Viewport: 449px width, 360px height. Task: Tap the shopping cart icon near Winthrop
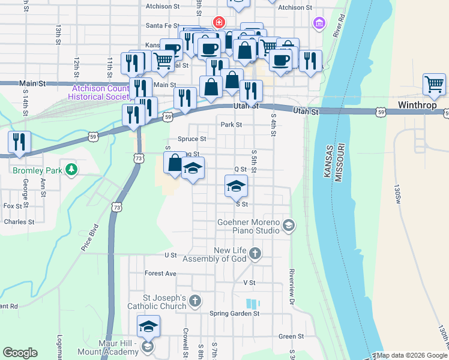(x=434, y=85)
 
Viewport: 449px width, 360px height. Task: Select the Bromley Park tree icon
(x=71, y=170)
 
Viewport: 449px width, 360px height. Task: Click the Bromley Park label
(x=38, y=170)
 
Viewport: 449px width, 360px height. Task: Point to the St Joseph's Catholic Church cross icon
(x=194, y=300)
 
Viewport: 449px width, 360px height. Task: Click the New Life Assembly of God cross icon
(x=255, y=253)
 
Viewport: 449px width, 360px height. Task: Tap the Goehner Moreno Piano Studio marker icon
(x=289, y=225)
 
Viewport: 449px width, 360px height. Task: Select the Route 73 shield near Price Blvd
(x=116, y=206)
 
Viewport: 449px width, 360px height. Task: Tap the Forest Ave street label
(x=160, y=273)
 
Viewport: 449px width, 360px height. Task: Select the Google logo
(x=20, y=353)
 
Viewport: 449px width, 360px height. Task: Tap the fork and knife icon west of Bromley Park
(x=20, y=142)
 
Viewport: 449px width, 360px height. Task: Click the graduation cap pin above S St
(x=236, y=185)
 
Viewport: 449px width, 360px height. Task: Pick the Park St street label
(x=231, y=125)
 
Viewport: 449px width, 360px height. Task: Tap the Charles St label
(x=19, y=222)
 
